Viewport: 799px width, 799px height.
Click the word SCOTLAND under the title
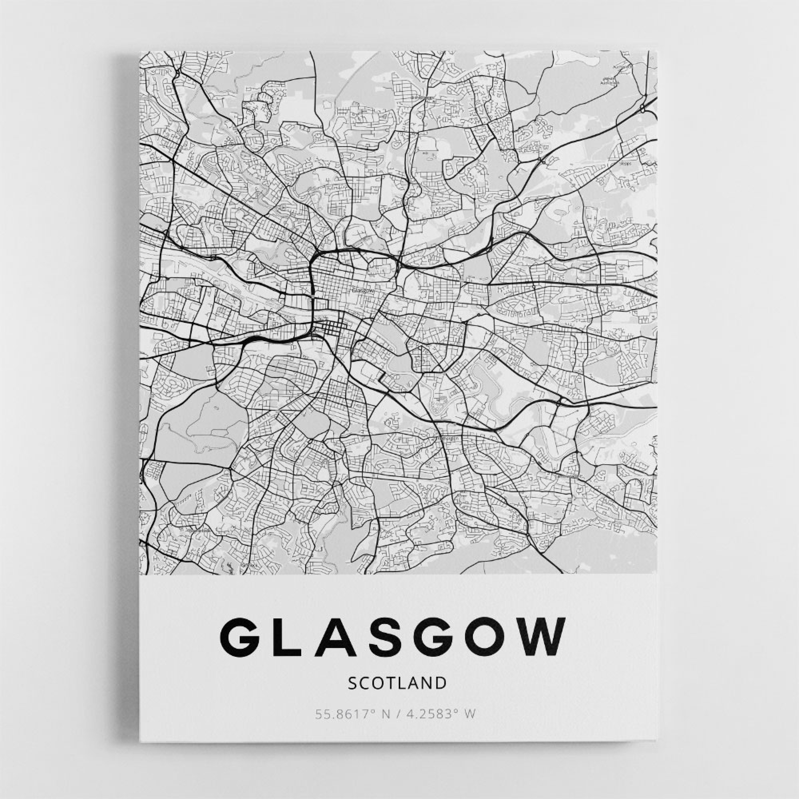point(397,683)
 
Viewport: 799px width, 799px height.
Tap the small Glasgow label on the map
point(363,291)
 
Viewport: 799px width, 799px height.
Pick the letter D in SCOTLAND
point(441,683)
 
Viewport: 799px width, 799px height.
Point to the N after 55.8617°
point(386,714)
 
